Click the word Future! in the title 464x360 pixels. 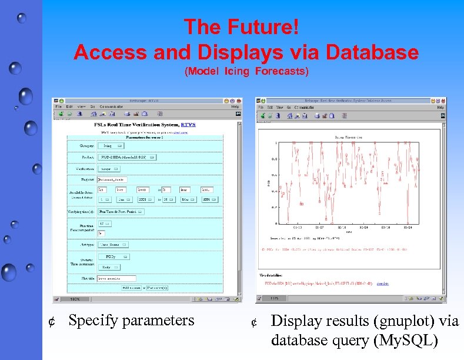[x=262, y=27]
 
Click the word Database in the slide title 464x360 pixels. [x=372, y=53]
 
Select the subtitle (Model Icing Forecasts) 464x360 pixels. [x=246, y=72]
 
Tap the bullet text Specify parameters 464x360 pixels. [x=131, y=321]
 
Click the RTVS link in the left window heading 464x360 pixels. [x=188, y=125]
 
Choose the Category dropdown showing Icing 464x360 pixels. [x=110, y=145]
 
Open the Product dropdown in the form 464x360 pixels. [x=126, y=158]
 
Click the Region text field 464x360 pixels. [x=112, y=179]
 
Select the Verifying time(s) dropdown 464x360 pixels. [x=121, y=211]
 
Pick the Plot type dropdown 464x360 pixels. [x=113, y=244]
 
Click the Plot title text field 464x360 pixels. [x=116, y=278]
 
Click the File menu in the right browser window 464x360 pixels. [x=261, y=108]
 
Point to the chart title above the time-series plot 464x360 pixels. [x=349, y=138]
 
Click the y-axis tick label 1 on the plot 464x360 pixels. [x=276, y=143]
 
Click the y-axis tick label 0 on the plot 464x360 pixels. [x=276, y=224]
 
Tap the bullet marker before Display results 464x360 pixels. [x=254, y=322]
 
